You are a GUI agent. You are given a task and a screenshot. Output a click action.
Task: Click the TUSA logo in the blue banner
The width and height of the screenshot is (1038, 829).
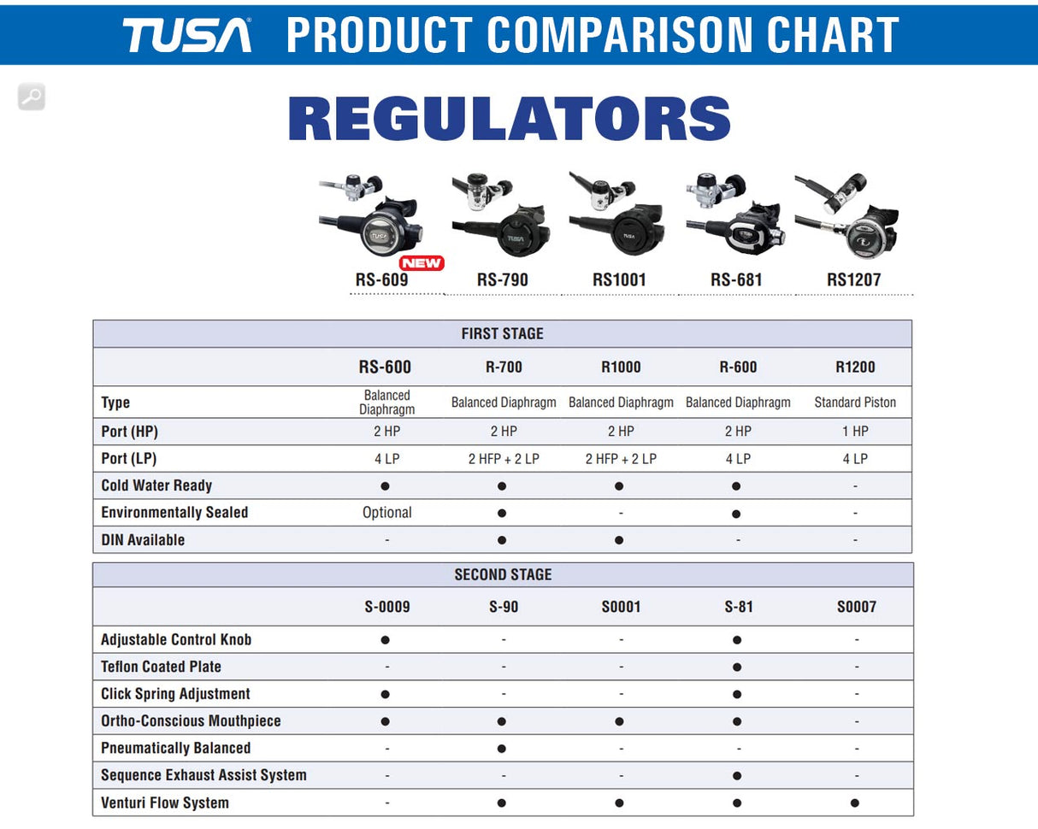tap(186, 35)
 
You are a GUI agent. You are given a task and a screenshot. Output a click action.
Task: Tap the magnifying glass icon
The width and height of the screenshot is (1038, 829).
tap(32, 97)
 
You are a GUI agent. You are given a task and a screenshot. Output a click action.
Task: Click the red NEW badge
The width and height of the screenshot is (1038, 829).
tap(422, 263)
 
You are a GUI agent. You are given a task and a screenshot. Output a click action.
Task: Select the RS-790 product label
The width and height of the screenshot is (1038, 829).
tap(502, 279)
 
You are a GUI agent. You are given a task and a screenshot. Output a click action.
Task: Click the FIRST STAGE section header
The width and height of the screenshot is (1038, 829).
tap(502, 334)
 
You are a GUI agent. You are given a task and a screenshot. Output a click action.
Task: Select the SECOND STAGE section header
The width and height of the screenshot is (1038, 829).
tap(503, 575)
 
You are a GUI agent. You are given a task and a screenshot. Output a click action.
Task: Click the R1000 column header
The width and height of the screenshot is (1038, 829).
tap(621, 367)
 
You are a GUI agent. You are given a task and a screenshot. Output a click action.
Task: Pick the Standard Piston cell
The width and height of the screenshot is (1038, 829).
tap(855, 403)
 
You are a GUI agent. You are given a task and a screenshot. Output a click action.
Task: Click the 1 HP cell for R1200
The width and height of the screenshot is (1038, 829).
tap(855, 432)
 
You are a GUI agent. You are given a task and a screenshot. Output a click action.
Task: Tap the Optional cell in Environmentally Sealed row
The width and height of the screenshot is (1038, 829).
tap(387, 513)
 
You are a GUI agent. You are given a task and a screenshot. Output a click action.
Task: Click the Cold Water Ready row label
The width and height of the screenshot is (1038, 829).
tap(156, 485)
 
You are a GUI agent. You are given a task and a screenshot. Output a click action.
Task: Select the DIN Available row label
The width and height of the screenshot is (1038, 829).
tap(143, 540)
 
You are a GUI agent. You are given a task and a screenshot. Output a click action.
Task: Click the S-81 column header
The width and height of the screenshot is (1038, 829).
tap(737, 607)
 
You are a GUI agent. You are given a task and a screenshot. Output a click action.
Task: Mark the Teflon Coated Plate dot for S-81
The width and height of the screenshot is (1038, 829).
tap(737, 667)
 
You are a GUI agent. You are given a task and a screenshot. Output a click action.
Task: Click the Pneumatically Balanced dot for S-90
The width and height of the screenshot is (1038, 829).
tap(502, 749)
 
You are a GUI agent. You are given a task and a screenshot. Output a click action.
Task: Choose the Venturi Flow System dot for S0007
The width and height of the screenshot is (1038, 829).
tap(855, 803)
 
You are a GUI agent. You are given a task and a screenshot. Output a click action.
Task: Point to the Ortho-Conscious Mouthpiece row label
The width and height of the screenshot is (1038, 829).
tap(191, 721)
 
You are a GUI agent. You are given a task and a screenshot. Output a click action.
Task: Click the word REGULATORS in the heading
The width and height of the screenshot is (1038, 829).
tap(510, 119)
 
